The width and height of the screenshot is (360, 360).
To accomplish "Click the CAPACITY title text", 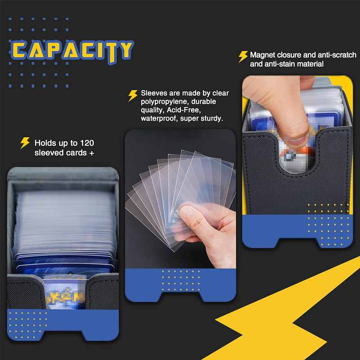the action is pyautogui.click(x=72, y=51).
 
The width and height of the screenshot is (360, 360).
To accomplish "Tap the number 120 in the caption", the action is pyautogui.click(x=87, y=143).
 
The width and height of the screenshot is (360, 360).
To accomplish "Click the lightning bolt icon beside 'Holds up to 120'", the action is pyautogui.click(x=25, y=143).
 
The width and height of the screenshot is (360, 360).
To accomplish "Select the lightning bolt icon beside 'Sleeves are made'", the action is pyautogui.click(x=133, y=95).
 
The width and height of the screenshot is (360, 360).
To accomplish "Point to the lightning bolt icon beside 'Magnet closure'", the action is pyautogui.click(x=243, y=57).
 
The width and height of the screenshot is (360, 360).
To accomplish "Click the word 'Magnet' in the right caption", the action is pyautogui.click(x=262, y=55).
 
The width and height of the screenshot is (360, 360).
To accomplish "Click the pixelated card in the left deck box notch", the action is pyautogui.click(x=65, y=292).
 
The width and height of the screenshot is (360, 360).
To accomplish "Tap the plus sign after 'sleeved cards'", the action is pyautogui.click(x=92, y=153).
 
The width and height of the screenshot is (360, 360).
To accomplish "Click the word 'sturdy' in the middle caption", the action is pyautogui.click(x=213, y=119).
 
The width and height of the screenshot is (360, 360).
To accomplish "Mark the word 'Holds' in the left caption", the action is pyautogui.click(x=45, y=143).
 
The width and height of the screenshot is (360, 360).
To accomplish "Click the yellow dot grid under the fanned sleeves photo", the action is pyautogui.click(x=181, y=280).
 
